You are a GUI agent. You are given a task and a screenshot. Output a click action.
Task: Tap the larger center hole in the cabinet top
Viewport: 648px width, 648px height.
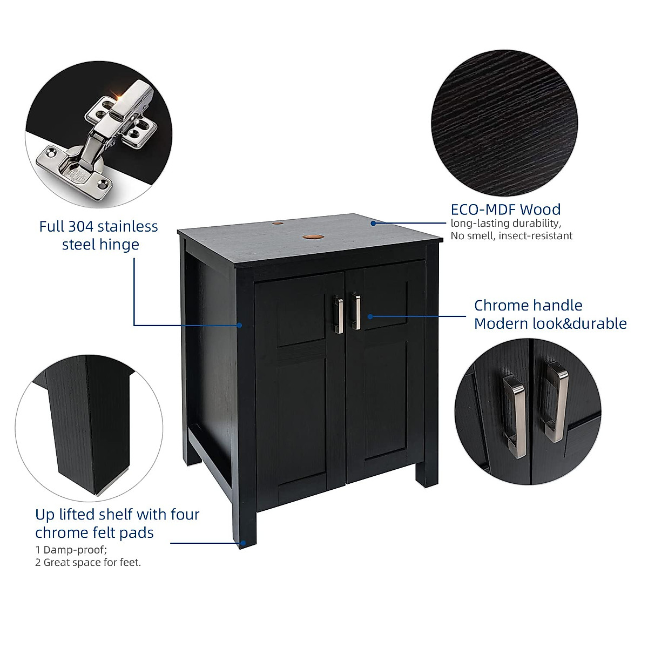click(311, 237)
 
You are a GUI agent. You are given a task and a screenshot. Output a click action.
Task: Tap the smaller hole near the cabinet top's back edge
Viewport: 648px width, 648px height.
click(277, 222)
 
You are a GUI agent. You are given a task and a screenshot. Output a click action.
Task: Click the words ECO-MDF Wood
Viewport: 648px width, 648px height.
click(505, 210)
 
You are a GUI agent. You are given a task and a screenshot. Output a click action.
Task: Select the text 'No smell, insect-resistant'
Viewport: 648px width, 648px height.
click(511, 236)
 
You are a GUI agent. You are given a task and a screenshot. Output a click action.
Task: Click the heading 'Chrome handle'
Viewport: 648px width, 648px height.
click(528, 306)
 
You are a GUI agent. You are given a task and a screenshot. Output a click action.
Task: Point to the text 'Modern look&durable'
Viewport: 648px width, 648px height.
click(550, 324)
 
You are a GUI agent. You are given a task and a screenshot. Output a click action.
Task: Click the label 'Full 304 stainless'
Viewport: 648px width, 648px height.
click(98, 226)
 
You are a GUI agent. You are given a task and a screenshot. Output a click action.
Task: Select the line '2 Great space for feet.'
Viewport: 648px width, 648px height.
click(88, 563)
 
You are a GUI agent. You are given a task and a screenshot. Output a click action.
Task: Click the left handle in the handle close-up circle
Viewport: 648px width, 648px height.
click(515, 416)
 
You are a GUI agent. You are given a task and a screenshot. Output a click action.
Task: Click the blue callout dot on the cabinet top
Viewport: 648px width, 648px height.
click(373, 222)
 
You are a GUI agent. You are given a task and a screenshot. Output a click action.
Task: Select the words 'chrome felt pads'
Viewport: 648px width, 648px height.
click(94, 533)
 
